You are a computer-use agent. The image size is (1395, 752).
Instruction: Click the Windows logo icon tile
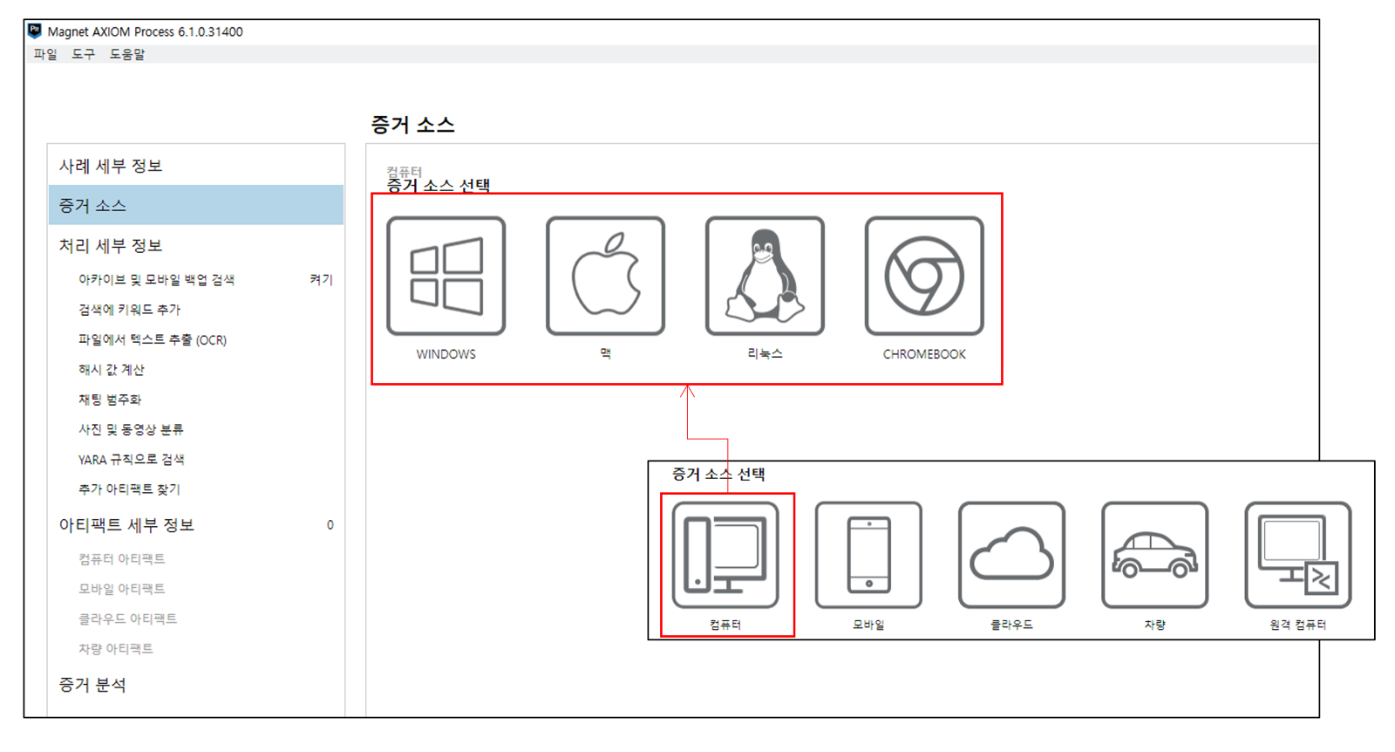pos(446,276)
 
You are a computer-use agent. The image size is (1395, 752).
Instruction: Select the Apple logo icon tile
pos(605,276)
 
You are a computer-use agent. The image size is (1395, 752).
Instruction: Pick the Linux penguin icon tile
pos(765,276)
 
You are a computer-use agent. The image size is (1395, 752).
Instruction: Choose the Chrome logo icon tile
pos(924,276)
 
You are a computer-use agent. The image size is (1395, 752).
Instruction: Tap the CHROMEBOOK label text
pos(924,354)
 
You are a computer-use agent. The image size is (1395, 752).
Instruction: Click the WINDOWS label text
pos(446,354)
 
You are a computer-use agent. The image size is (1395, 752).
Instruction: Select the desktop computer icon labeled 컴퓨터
pos(725,555)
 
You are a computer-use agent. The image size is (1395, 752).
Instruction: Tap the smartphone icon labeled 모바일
pos(868,555)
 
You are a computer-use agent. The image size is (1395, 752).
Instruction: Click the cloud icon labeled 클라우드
pos(1012,555)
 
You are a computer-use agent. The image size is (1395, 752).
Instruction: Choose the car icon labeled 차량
pos(1155,555)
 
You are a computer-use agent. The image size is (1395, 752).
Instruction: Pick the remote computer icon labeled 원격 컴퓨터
pos(1298,555)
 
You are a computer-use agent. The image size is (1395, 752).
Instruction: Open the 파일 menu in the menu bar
pos(45,54)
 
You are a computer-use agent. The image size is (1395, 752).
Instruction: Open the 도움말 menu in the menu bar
pos(127,54)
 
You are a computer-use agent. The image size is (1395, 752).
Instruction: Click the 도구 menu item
pos(84,54)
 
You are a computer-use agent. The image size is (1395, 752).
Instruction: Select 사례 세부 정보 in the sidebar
pos(111,166)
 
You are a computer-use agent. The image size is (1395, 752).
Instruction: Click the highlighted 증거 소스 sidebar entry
pos(92,206)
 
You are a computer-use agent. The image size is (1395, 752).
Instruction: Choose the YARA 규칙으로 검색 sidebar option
pos(132,460)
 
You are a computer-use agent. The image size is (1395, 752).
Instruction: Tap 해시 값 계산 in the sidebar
pos(112,370)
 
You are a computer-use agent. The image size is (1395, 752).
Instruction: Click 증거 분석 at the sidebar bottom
pos(92,685)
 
